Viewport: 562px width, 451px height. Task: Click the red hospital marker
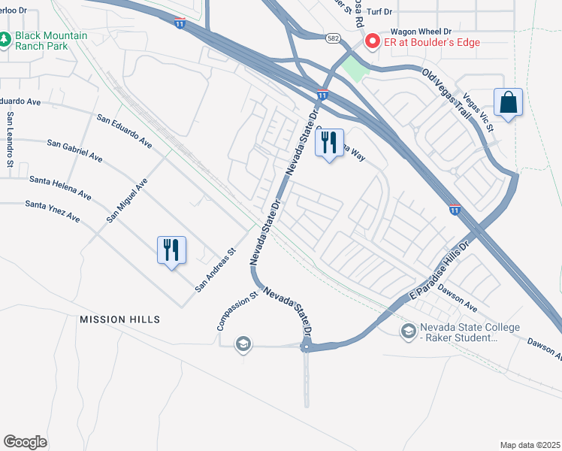(371, 42)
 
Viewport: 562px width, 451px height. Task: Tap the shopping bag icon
(508, 103)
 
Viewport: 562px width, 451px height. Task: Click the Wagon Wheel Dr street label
(420, 32)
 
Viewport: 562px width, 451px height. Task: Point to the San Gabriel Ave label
(74, 150)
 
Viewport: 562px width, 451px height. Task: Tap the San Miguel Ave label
(127, 200)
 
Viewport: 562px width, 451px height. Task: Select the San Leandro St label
(11, 140)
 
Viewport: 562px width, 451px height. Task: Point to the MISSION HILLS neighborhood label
(120, 319)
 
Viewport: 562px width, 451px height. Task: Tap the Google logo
(25, 441)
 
